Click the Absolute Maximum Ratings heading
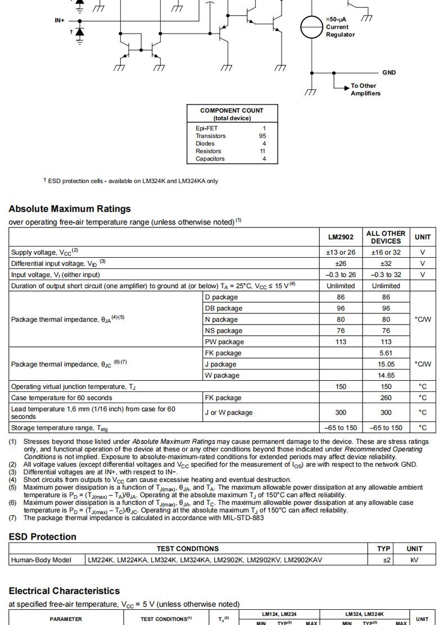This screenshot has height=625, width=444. point(70,209)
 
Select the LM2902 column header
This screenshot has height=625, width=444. point(341,237)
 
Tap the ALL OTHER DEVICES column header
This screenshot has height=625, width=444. point(386,237)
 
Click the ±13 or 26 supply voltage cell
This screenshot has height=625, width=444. point(341,252)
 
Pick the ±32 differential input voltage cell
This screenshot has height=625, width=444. point(386,263)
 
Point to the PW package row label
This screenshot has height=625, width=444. point(224,342)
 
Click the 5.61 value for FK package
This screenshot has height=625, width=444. point(386,353)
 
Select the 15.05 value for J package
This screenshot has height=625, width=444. point(386,364)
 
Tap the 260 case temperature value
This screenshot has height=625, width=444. point(386,398)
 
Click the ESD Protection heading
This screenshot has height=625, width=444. point(43,537)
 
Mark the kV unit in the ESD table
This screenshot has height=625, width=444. point(415,560)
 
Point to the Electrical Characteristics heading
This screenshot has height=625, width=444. point(64,591)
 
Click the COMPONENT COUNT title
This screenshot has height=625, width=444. point(232,111)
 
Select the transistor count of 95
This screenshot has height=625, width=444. point(262,136)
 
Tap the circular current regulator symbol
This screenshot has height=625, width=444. point(311,26)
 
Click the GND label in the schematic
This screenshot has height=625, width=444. point(389,72)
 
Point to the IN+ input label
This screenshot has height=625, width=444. point(60,20)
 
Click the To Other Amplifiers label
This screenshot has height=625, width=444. point(365,90)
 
